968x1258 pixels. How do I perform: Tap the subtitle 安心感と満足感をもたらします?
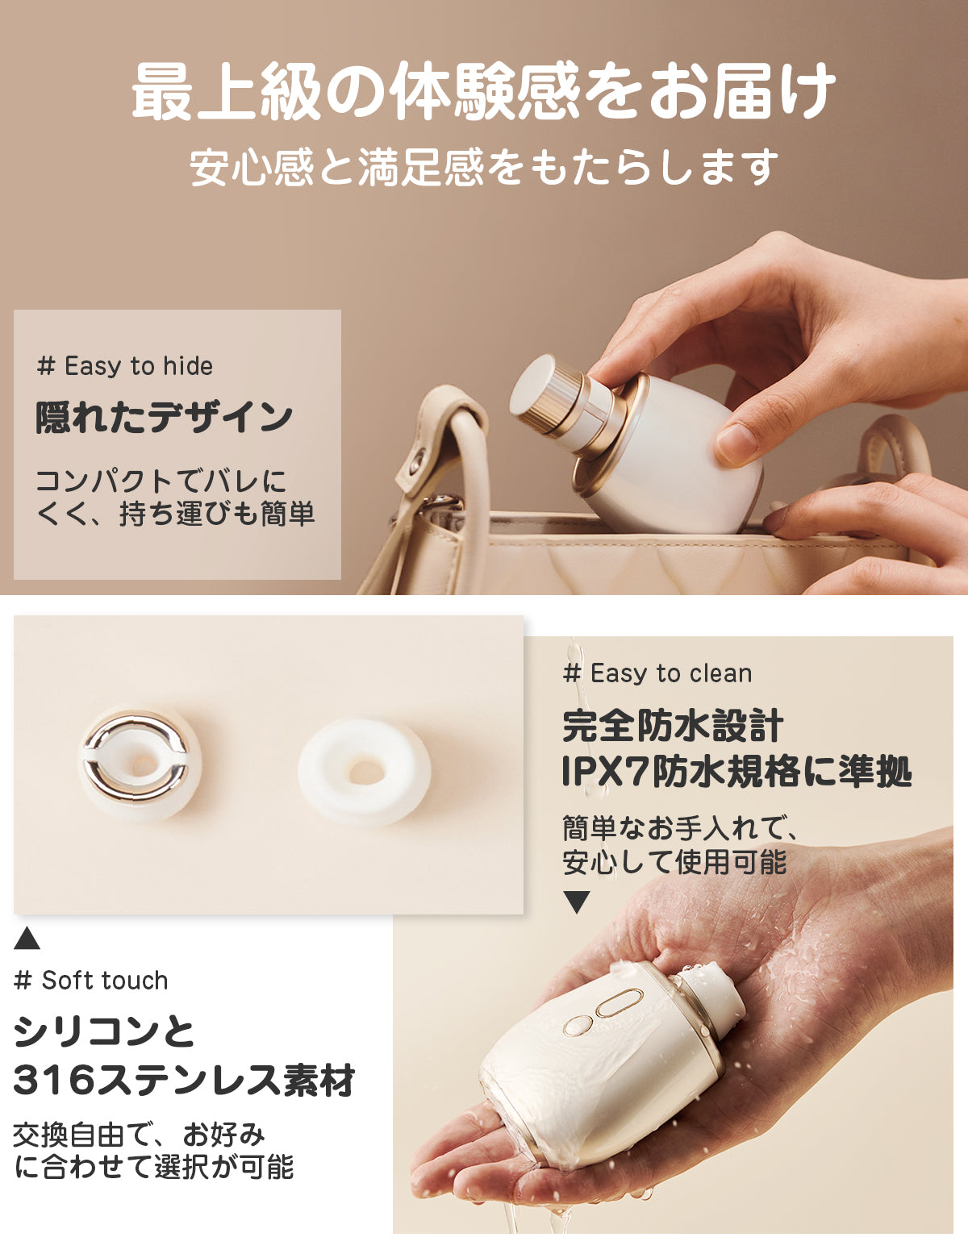[x=484, y=167]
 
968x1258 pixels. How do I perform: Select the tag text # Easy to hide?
[x=124, y=366]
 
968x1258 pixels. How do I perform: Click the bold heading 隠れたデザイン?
[x=164, y=418]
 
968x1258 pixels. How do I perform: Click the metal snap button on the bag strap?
[x=417, y=461]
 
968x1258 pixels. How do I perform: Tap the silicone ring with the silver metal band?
[x=140, y=763]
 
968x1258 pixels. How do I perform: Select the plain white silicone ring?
[x=364, y=771]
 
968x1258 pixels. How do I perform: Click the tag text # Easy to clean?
[x=657, y=673]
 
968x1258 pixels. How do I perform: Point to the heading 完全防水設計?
[x=673, y=726]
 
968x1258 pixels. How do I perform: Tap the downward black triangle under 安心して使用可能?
[x=577, y=902]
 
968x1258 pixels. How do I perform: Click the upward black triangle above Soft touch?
[x=27, y=938]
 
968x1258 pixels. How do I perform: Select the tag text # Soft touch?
[x=91, y=981]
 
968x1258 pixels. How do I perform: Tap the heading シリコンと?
[x=104, y=1031]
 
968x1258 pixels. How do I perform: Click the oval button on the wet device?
[x=619, y=1002]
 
